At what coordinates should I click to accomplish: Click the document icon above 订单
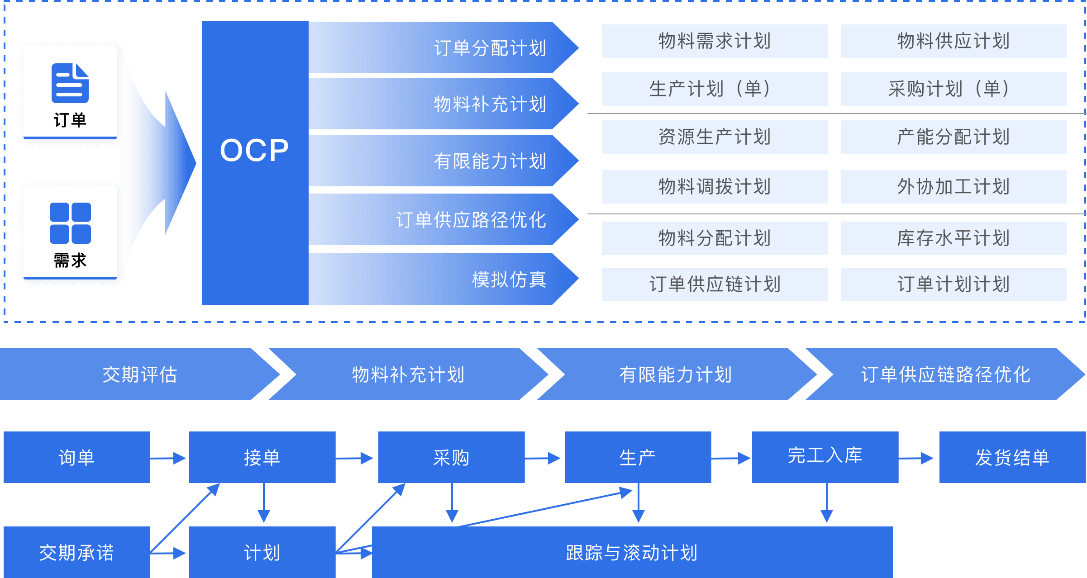70,83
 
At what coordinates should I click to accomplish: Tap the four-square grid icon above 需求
70,223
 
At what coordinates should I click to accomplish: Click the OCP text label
254,151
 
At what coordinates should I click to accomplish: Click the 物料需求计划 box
715,41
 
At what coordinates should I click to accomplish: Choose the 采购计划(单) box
954,89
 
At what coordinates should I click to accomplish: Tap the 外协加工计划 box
954,187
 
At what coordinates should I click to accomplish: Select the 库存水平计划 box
954,238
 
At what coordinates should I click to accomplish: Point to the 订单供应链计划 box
715,284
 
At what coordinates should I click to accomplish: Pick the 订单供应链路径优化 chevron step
946,374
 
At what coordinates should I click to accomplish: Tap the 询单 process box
77,457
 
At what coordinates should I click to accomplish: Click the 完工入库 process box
825,456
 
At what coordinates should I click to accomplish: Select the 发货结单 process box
1012,457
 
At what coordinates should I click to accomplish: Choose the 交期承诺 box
77,552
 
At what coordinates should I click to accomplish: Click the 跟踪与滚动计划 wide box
632,552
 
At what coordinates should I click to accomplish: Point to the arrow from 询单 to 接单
169,458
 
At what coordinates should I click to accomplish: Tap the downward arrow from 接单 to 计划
264,503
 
